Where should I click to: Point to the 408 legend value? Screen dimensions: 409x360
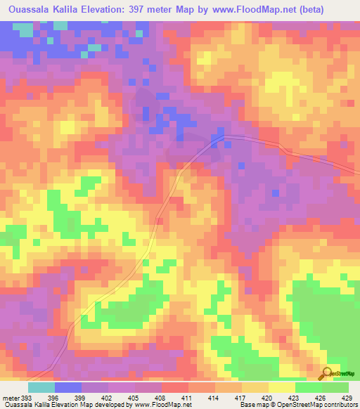(161, 397)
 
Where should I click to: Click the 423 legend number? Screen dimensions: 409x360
(295, 397)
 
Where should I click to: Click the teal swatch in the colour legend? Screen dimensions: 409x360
(41, 387)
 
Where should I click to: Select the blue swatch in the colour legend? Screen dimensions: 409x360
(67, 387)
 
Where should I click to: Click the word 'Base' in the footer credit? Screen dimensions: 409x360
(245, 405)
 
